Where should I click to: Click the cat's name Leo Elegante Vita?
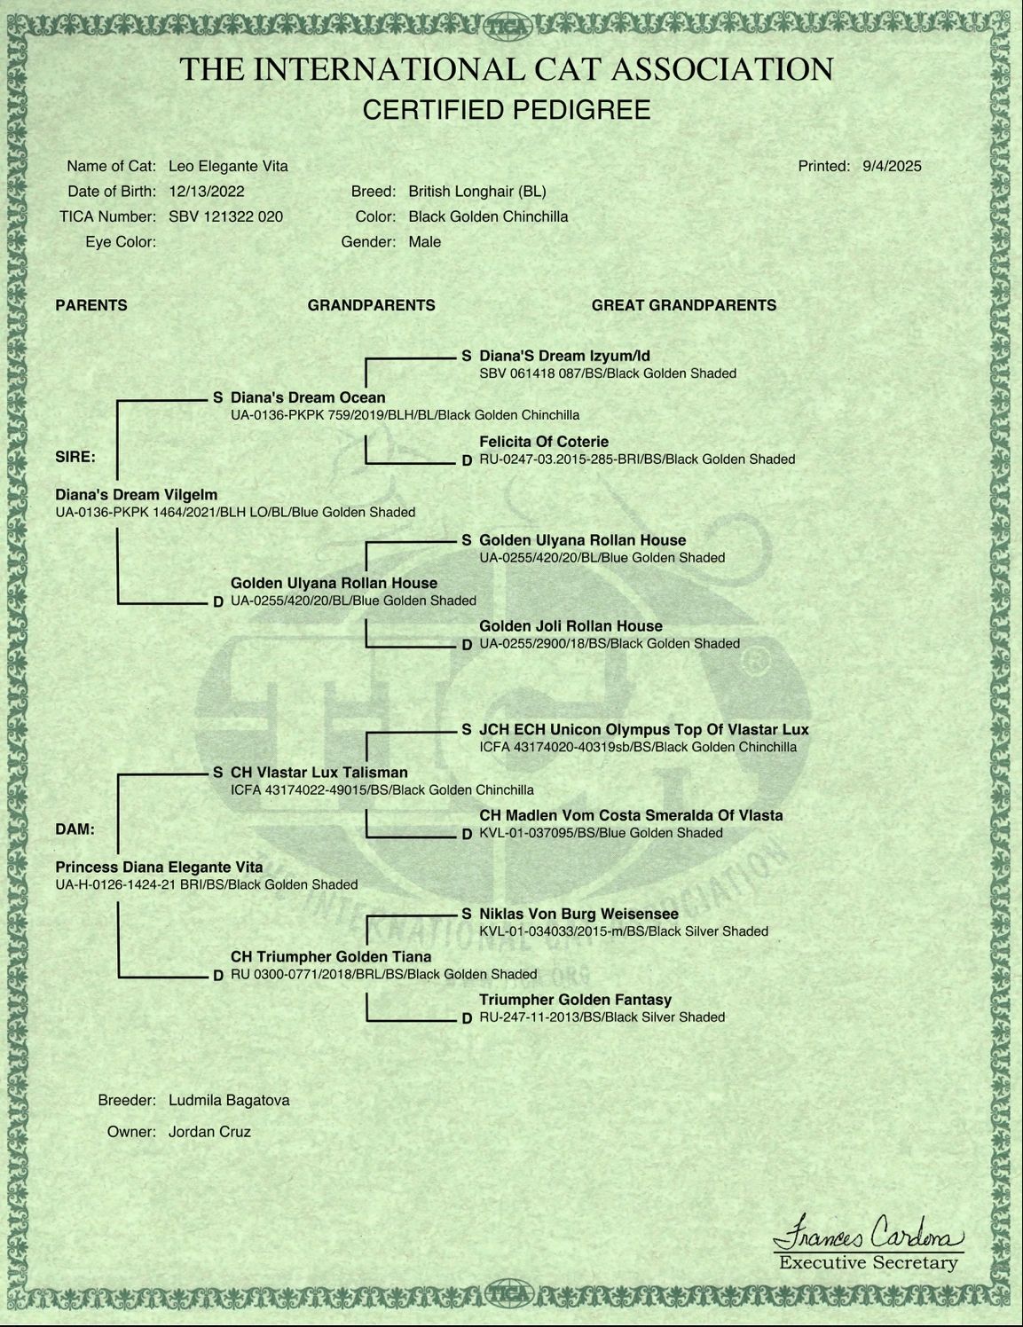[x=228, y=166]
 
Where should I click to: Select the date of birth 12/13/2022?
[x=207, y=192]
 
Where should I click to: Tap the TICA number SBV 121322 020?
[x=226, y=216]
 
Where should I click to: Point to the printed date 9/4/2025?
[x=892, y=166]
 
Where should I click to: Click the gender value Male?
[x=424, y=242]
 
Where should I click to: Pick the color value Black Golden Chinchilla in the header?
[x=488, y=216]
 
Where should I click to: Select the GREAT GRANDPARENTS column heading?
[x=683, y=305]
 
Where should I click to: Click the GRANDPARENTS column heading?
[x=372, y=305]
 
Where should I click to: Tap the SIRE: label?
[x=75, y=458]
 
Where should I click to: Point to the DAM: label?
[x=75, y=829]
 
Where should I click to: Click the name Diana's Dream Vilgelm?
[x=137, y=495]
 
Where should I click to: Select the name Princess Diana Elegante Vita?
[x=160, y=868]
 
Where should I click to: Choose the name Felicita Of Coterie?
[x=544, y=442]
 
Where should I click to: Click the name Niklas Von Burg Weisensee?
[x=578, y=914]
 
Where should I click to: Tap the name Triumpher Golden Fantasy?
[x=575, y=1000]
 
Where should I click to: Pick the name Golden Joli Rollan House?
[x=571, y=626]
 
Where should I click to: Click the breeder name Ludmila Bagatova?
[x=229, y=1101]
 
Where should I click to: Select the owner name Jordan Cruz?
[x=209, y=1132]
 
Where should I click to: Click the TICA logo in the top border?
[x=508, y=27]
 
